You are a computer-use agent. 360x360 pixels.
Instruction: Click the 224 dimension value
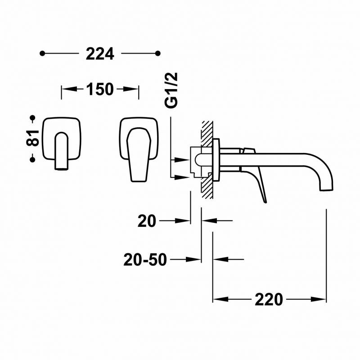(x=100, y=54)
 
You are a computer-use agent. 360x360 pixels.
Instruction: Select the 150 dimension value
(x=100, y=89)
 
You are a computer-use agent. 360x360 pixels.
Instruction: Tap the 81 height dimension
(x=32, y=138)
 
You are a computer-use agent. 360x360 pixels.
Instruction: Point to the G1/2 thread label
(x=171, y=90)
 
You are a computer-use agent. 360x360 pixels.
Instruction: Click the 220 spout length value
(x=269, y=299)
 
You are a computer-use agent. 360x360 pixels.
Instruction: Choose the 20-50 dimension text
(x=145, y=260)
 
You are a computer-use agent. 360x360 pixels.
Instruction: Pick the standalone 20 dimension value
(x=147, y=221)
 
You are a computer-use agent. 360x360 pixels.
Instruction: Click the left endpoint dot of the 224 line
(x=42, y=54)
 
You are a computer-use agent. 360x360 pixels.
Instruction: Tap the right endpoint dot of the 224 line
(x=158, y=54)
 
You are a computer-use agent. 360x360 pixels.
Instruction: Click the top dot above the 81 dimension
(x=32, y=118)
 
